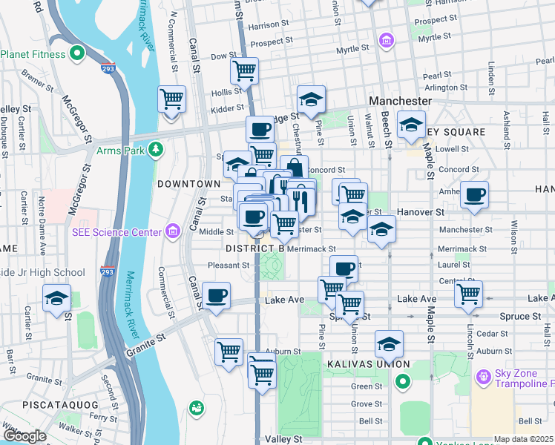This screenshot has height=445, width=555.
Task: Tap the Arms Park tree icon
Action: (156, 151)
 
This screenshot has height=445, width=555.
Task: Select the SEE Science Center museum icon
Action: (173, 232)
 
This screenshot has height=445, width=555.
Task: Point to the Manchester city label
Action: (401, 100)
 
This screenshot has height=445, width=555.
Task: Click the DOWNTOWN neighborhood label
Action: (188, 183)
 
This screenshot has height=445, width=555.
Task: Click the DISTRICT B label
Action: (255, 248)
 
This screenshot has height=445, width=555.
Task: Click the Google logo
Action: (24, 436)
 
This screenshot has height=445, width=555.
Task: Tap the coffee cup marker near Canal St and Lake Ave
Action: (216, 295)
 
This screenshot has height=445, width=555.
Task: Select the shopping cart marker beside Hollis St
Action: (172, 98)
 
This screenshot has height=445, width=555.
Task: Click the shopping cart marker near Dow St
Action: (244, 70)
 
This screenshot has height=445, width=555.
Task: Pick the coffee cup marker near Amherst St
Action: (474, 195)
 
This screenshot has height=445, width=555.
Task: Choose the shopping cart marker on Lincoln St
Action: (469, 294)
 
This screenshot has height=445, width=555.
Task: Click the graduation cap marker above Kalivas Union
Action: (389, 343)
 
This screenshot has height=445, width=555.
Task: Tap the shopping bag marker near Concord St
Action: (295, 168)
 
